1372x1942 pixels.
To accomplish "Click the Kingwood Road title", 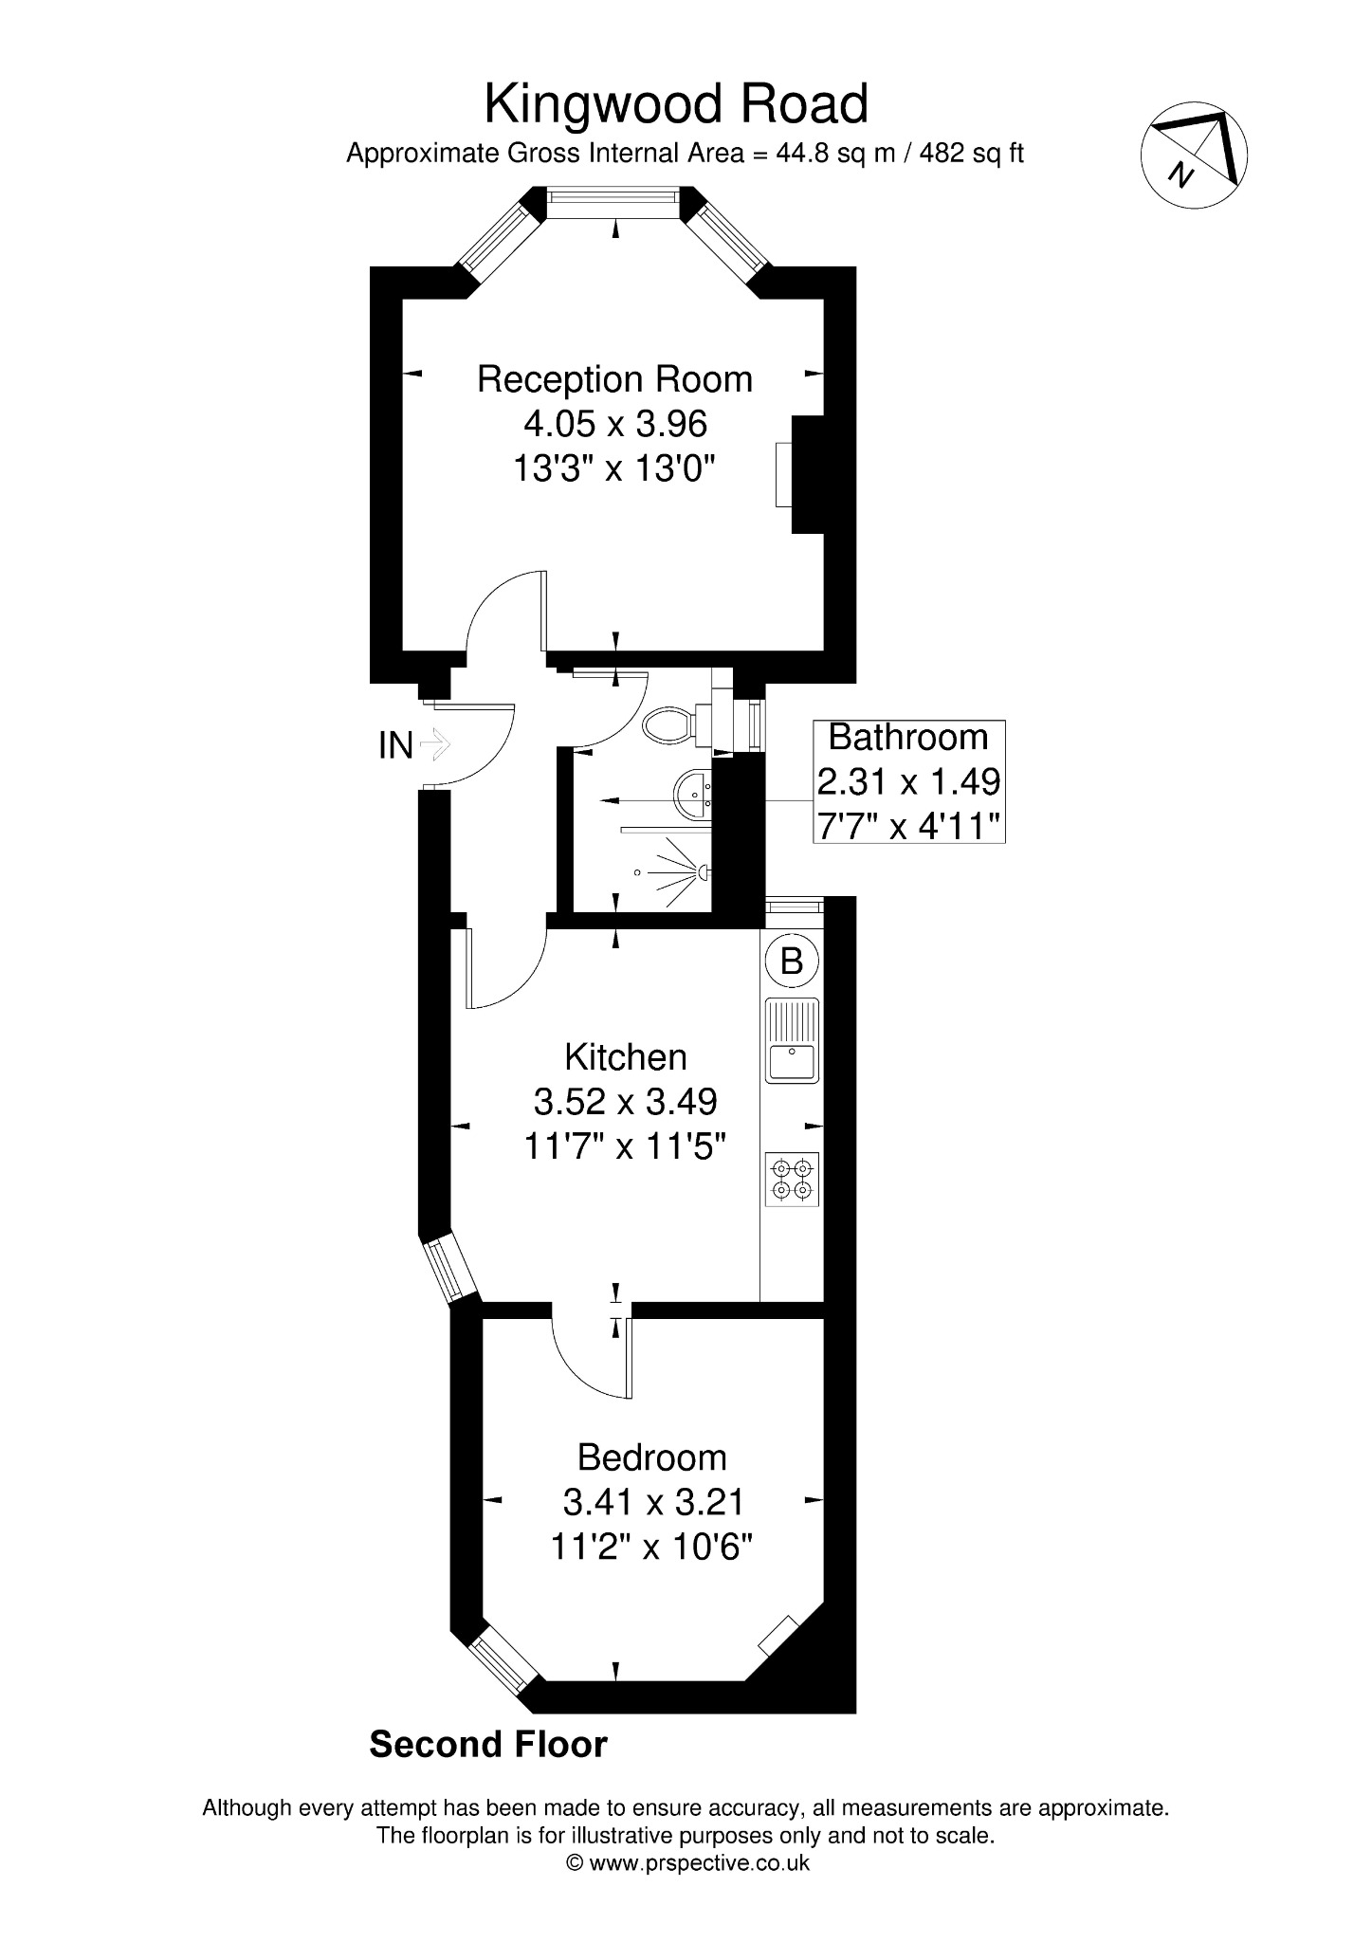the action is pyautogui.click(x=676, y=104).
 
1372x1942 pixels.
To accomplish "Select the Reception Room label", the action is pyautogui.click(x=614, y=379).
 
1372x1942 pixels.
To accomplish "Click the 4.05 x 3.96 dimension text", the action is pyautogui.click(x=615, y=424).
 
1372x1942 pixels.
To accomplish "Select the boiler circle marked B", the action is pyautogui.click(x=792, y=962).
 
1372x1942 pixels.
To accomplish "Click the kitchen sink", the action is pyautogui.click(x=793, y=1040).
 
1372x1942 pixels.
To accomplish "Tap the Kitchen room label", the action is pyautogui.click(x=626, y=1057).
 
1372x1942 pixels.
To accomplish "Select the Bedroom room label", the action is pyautogui.click(x=652, y=1457).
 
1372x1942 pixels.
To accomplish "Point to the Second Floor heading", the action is pyautogui.click(x=488, y=1744).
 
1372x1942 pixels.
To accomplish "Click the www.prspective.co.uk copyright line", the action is pyautogui.click(x=686, y=1862).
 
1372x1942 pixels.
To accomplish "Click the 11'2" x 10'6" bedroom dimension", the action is pyautogui.click(x=651, y=1548).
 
